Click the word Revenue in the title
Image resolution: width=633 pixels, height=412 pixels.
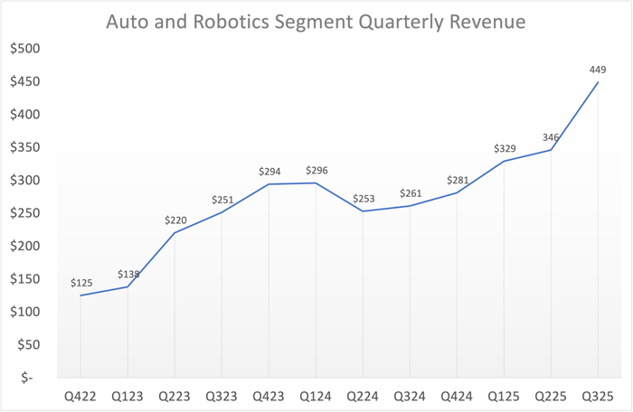(487, 21)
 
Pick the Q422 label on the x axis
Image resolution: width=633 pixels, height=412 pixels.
(80, 395)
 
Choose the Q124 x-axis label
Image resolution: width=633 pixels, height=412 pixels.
(316, 395)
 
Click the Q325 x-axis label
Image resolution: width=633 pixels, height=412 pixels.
(597, 395)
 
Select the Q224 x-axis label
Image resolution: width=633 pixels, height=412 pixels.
(363, 395)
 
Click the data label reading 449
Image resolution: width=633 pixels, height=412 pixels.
(597, 69)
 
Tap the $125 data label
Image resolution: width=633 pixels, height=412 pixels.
(81, 283)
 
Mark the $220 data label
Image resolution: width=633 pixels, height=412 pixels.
(175, 220)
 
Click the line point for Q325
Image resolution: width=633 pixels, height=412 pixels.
(597, 82)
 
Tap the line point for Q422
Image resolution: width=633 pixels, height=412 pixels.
(80, 295)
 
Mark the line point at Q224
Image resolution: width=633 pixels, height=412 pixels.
(363, 211)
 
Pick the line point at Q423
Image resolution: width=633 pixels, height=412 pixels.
(269, 184)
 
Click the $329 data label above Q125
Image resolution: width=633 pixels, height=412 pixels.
(505, 148)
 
